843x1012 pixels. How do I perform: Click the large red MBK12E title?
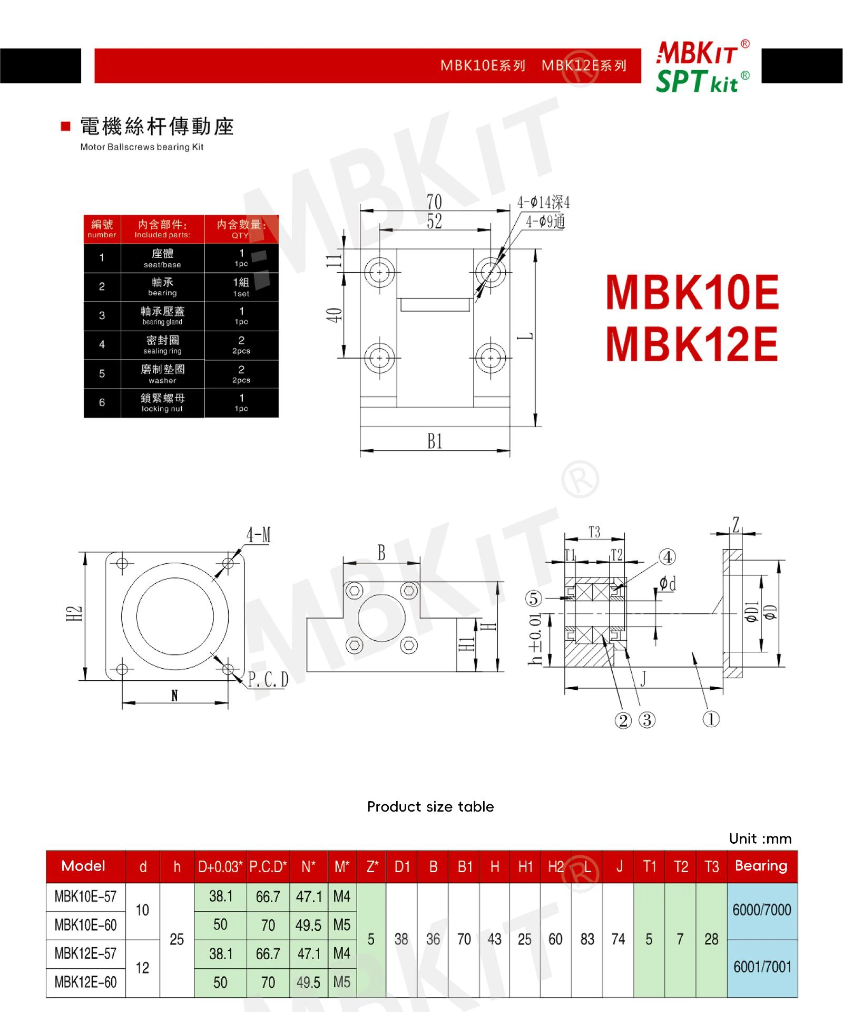(x=692, y=344)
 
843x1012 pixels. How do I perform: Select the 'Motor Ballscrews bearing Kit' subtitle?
(x=142, y=147)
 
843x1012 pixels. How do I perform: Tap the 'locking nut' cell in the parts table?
(x=162, y=403)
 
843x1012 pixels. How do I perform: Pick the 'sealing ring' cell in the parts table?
(x=162, y=345)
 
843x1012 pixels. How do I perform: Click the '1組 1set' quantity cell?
(x=241, y=287)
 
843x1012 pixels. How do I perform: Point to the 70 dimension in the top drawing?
(x=434, y=202)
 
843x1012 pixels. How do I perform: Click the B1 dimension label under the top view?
(x=435, y=441)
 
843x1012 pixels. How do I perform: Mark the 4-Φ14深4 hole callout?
(x=543, y=203)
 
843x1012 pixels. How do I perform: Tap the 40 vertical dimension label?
(x=334, y=315)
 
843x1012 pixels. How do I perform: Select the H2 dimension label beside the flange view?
(x=74, y=613)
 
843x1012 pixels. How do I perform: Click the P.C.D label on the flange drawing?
(x=268, y=680)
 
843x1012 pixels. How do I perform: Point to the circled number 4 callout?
(x=668, y=557)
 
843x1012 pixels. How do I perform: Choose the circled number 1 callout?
(x=711, y=719)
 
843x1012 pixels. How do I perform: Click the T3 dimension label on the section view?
(x=594, y=532)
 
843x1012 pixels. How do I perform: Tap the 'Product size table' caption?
(x=430, y=806)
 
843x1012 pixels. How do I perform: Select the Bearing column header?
(x=761, y=866)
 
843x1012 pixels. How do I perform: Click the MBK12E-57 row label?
(x=85, y=953)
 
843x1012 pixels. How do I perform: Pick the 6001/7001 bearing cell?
(x=762, y=967)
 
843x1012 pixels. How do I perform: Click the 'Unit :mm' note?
(x=760, y=838)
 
